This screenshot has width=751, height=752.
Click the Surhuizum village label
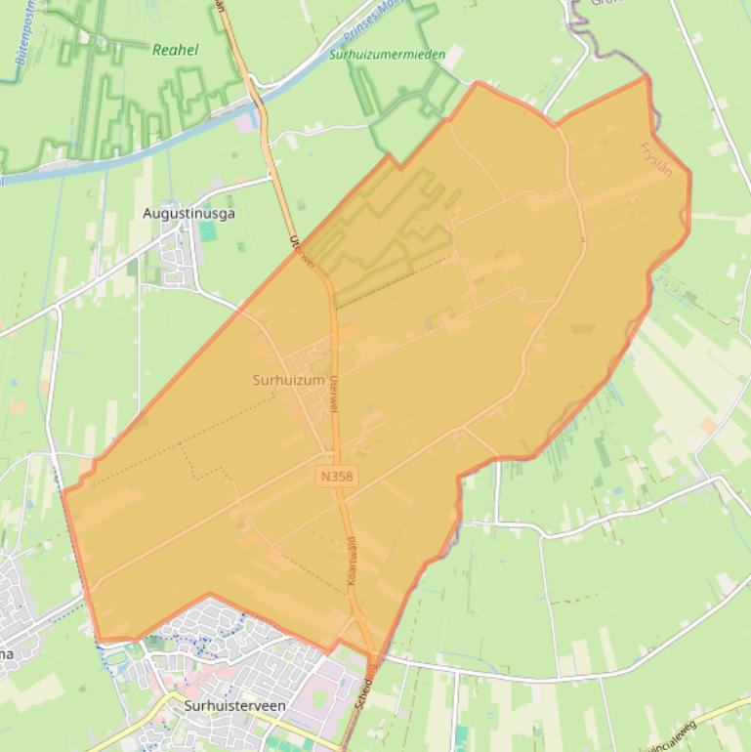pyautogui.click(x=288, y=381)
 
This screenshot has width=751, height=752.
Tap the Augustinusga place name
pyautogui.click(x=188, y=213)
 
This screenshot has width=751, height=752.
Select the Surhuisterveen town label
pyautogui.click(x=234, y=703)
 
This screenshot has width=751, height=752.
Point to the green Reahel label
pyautogui.click(x=175, y=50)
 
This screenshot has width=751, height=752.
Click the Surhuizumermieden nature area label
pyautogui.click(x=387, y=56)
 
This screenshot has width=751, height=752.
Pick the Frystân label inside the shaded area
pyautogui.click(x=655, y=159)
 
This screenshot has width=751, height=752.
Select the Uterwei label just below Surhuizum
pyautogui.click(x=334, y=393)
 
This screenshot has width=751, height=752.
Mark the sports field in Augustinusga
pyautogui.click(x=207, y=231)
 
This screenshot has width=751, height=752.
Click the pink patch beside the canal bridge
pyautogui.click(x=245, y=122)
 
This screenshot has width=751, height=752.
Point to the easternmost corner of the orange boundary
pyautogui.click(x=690, y=176)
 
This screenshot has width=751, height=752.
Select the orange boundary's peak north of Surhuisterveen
pyautogui.click(x=209, y=593)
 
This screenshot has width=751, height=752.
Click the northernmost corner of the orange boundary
pyautogui.click(x=646, y=77)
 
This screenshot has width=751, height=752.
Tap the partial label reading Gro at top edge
pyautogui.click(x=606, y=4)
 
